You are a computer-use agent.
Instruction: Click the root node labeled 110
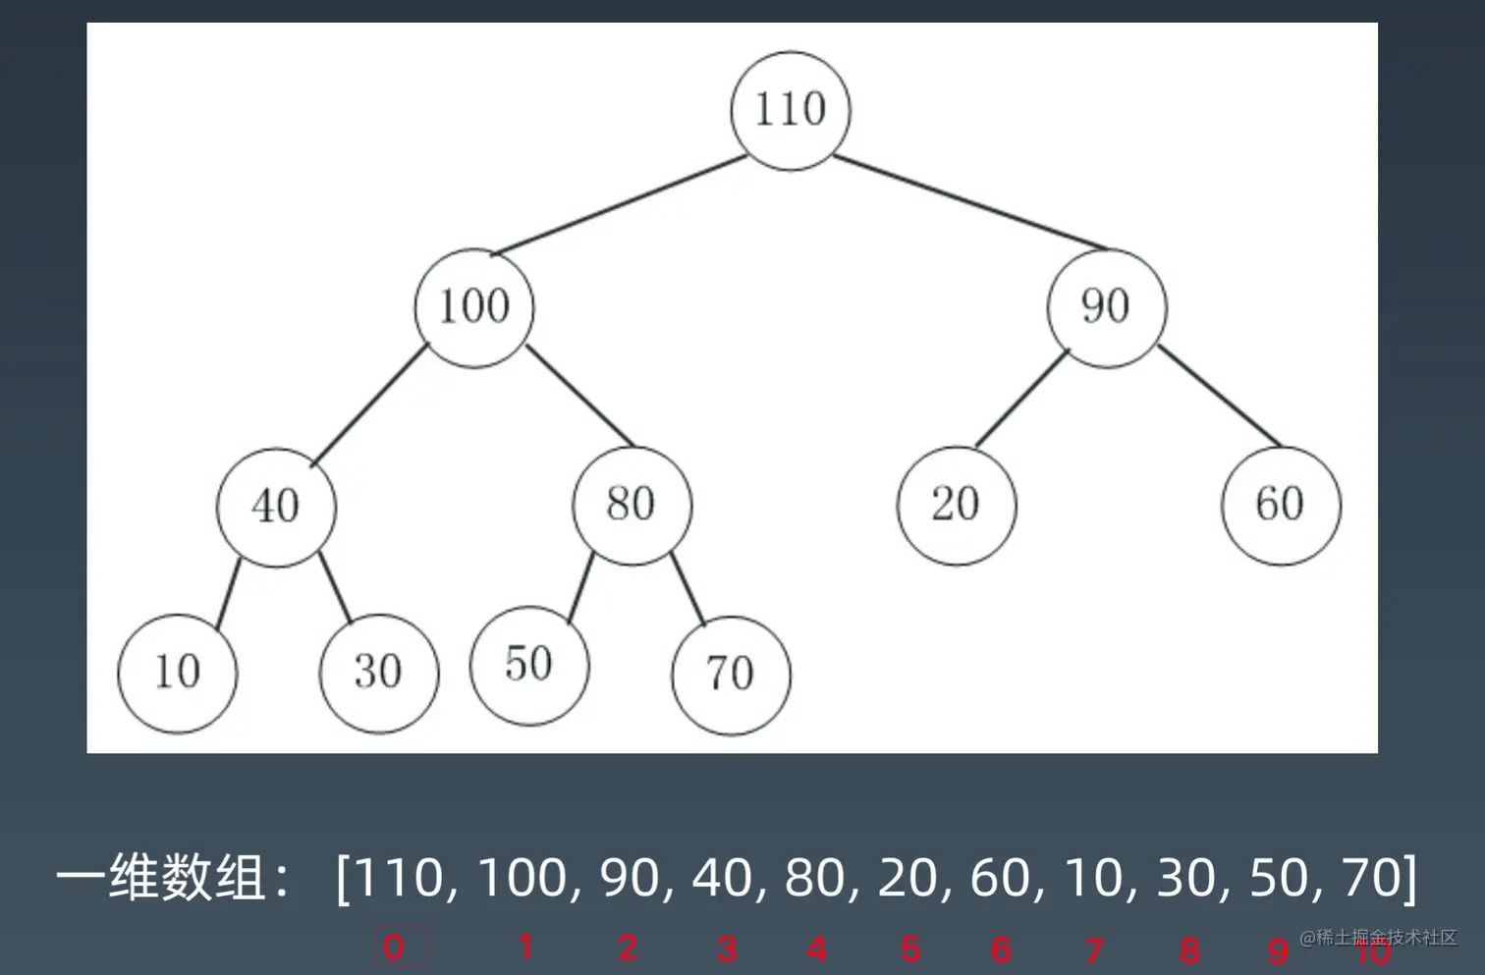(791, 110)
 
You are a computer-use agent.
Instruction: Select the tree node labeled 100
(474, 307)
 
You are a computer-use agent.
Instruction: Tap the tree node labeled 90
(1106, 307)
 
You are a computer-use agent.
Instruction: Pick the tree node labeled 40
(276, 507)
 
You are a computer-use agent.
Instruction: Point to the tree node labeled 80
(632, 505)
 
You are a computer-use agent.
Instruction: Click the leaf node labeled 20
(957, 505)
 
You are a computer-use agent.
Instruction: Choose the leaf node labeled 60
(1281, 505)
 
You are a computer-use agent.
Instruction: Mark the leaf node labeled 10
(177, 673)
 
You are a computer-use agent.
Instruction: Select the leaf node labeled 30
(378, 673)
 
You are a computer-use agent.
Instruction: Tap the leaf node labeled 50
(529, 665)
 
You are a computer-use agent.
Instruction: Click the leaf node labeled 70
(731, 675)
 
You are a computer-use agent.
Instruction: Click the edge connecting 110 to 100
(619, 205)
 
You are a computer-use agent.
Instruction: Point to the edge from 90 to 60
(1220, 396)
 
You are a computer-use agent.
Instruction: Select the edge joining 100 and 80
(579, 396)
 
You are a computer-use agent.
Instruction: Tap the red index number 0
(393, 947)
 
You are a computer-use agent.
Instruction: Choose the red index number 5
(909, 948)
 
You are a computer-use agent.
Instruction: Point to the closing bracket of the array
(1410, 877)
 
